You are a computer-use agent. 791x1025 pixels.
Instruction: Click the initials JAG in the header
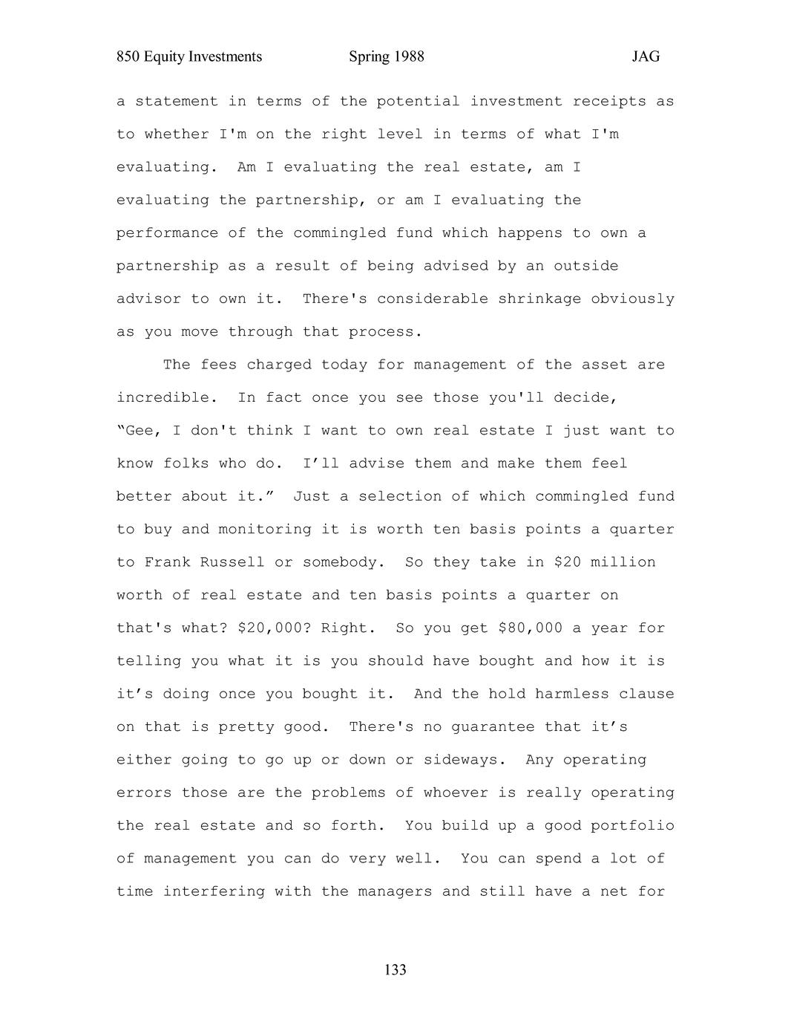coord(646,57)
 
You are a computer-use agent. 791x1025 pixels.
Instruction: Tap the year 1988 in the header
coord(407,57)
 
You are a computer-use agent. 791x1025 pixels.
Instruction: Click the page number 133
coord(395,969)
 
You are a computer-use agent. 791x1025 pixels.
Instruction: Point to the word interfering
coord(214,891)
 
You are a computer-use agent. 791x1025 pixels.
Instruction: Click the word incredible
coord(166,397)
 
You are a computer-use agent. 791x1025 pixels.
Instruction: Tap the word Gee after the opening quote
coord(141,431)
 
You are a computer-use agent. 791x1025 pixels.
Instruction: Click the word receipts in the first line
coord(609,101)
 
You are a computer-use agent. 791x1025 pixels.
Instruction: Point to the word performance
coord(167,233)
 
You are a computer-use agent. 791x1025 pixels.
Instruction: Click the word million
coord(623,562)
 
